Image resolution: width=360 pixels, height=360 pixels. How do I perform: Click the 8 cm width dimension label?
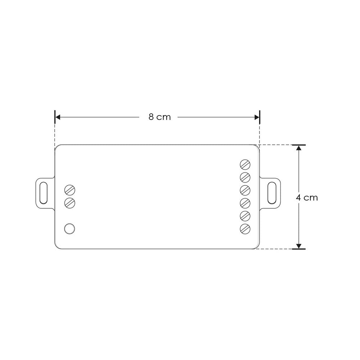[x=159, y=117]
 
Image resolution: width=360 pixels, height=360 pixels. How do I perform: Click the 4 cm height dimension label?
[x=307, y=198]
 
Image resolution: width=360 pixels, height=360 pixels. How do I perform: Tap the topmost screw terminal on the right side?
[x=245, y=165]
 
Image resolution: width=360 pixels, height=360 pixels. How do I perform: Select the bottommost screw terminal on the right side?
[x=245, y=229]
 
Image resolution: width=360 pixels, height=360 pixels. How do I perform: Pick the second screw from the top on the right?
[x=245, y=177]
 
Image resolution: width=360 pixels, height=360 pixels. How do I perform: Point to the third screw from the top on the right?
[x=245, y=190]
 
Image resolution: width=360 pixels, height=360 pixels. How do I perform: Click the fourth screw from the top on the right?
[x=245, y=203]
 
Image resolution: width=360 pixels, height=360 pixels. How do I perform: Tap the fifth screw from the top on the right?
[x=245, y=216]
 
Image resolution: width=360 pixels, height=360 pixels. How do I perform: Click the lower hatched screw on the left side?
[x=69, y=203]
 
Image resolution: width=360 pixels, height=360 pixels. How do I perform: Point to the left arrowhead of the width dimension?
[x=58, y=117]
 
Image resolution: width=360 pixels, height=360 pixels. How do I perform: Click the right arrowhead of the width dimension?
[x=257, y=117]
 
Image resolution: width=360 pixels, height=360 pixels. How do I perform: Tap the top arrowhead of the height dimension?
[x=298, y=148]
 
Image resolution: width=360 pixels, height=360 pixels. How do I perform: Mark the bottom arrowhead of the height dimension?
[x=298, y=246]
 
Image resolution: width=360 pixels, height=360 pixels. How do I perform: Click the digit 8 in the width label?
[x=152, y=117]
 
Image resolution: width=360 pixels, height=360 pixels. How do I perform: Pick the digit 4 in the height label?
[x=298, y=198]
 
